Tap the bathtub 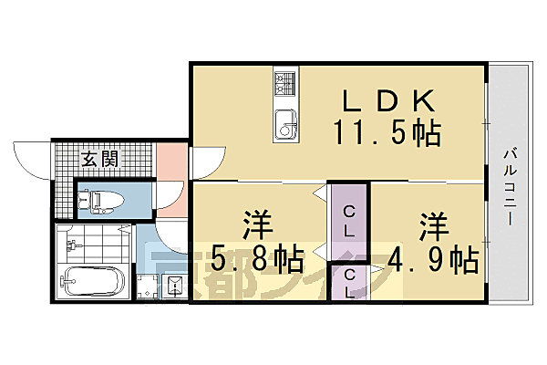pos(91,282)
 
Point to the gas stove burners pos(284,84)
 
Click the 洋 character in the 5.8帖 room pos(259,224)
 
